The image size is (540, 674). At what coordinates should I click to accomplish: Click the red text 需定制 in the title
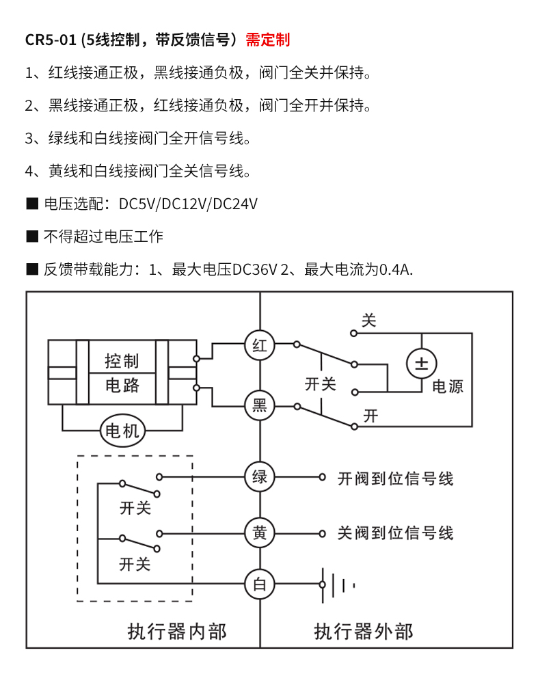pyautogui.click(x=268, y=39)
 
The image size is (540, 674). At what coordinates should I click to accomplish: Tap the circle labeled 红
pyautogui.click(x=260, y=346)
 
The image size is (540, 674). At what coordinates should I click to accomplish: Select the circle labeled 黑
pyautogui.click(x=260, y=406)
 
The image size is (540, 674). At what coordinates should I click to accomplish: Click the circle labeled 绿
pyautogui.click(x=260, y=476)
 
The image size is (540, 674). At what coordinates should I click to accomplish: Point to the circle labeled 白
pyautogui.click(x=260, y=584)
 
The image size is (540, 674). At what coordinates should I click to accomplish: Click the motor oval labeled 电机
pyautogui.click(x=124, y=431)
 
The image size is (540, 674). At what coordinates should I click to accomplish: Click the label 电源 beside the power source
pyautogui.click(x=448, y=386)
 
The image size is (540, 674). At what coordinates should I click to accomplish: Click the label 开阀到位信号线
pyautogui.click(x=395, y=478)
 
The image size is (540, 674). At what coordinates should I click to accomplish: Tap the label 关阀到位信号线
pyautogui.click(x=395, y=533)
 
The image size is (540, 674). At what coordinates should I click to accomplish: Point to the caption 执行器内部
pyautogui.click(x=177, y=631)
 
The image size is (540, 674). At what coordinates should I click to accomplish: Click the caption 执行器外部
pyautogui.click(x=364, y=631)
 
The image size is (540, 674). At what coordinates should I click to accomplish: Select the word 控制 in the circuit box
pyautogui.click(x=122, y=361)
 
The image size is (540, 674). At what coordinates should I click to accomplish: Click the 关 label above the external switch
pyautogui.click(x=369, y=320)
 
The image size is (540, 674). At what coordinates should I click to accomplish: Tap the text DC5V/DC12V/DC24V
pyautogui.click(x=188, y=204)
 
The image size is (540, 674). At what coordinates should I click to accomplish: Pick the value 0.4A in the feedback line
pyautogui.click(x=396, y=269)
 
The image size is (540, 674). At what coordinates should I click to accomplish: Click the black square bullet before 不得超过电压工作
pyautogui.click(x=31, y=237)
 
